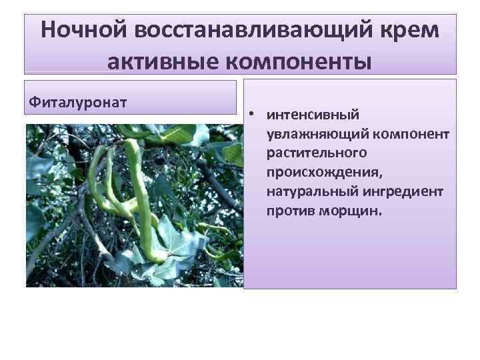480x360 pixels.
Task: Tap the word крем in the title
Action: click(412, 31)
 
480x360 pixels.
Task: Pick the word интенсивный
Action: click(313, 115)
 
